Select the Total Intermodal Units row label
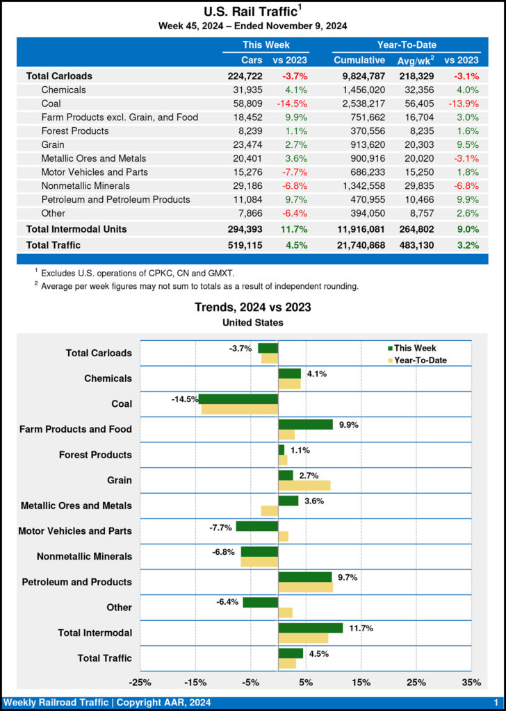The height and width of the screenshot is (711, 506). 76,228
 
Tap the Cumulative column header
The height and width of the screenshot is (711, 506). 359,60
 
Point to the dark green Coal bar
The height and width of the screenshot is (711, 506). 238,399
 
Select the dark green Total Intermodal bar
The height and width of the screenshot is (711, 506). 310,628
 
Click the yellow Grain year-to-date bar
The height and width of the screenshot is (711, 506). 304,485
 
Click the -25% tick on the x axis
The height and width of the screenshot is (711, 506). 140,682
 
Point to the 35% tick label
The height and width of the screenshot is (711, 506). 471,682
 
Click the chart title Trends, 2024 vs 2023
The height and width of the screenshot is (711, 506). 253,307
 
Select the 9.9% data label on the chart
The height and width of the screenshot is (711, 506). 348,425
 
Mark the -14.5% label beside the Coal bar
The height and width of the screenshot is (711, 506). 183,399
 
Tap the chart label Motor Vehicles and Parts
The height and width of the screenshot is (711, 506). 75,531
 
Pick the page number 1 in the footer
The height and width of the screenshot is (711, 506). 496,703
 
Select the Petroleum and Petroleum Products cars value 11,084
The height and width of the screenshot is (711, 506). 247,199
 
